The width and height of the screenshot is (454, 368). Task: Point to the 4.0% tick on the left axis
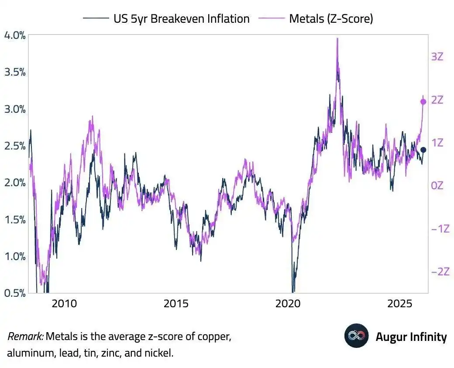pos(15,35)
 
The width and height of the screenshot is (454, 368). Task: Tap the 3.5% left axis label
pos(15,72)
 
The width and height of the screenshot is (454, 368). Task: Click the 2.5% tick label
pos(15,146)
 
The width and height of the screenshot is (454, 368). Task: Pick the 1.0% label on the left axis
pos(15,256)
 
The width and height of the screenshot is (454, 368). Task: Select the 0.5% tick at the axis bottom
pos(15,293)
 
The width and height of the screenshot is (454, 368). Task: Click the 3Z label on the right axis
pos(437,56)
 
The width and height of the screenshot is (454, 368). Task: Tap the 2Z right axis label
pos(437,100)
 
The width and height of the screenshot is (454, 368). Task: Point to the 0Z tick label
pos(437,186)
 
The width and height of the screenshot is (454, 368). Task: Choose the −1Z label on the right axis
pos(440,229)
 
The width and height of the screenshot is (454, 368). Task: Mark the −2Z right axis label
pos(440,272)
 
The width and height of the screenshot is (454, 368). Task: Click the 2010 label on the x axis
pos(64,303)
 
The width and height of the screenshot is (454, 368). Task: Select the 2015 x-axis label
pos(176,303)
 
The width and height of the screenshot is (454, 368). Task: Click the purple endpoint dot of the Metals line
pos(423,102)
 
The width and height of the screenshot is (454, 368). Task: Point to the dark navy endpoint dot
pos(423,150)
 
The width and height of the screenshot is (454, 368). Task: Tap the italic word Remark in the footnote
pos(25,337)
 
